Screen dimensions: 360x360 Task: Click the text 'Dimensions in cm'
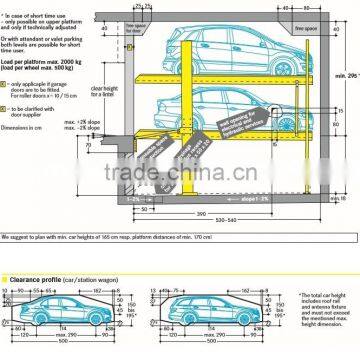pos(27,128)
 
